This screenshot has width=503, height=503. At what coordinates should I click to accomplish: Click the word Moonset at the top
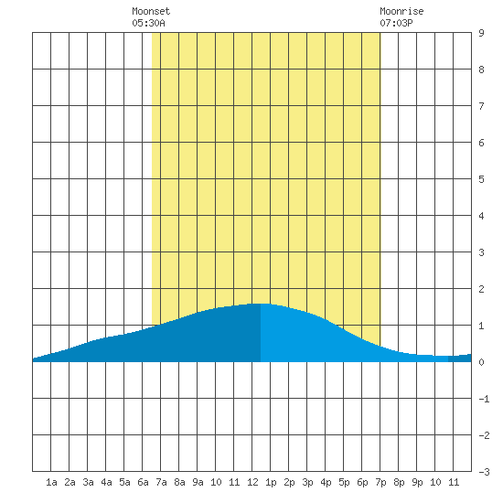(151, 11)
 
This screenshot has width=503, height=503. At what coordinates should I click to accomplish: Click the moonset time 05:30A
(148, 23)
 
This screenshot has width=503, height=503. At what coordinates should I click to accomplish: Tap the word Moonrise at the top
(401, 11)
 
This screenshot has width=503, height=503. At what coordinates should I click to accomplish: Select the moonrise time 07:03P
(396, 23)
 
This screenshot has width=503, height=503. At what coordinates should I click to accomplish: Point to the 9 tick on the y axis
(481, 33)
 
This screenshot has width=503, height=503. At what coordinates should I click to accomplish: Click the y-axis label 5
(481, 179)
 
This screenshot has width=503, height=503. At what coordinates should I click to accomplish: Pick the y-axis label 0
(481, 362)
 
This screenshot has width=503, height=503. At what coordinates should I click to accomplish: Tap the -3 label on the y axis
(484, 472)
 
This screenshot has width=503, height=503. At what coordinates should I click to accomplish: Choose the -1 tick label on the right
(484, 399)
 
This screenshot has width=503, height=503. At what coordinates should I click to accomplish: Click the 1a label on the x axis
(51, 482)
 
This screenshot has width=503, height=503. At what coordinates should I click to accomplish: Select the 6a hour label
(143, 482)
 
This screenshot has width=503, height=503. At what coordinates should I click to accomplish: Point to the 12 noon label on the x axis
(252, 482)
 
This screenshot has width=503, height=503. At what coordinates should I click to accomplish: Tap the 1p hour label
(271, 482)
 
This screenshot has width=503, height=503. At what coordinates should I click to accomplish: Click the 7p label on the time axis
(380, 482)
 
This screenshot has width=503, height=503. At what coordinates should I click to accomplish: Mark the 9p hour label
(417, 482)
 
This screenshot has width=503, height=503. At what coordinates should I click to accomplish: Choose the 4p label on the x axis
(326, 482)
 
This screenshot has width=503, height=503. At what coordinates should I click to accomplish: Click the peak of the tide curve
(261, 304)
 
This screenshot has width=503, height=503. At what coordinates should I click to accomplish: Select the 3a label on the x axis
(88, 482)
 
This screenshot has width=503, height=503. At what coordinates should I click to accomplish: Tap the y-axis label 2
(481, 289)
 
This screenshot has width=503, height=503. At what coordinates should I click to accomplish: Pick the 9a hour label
(198, 482)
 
